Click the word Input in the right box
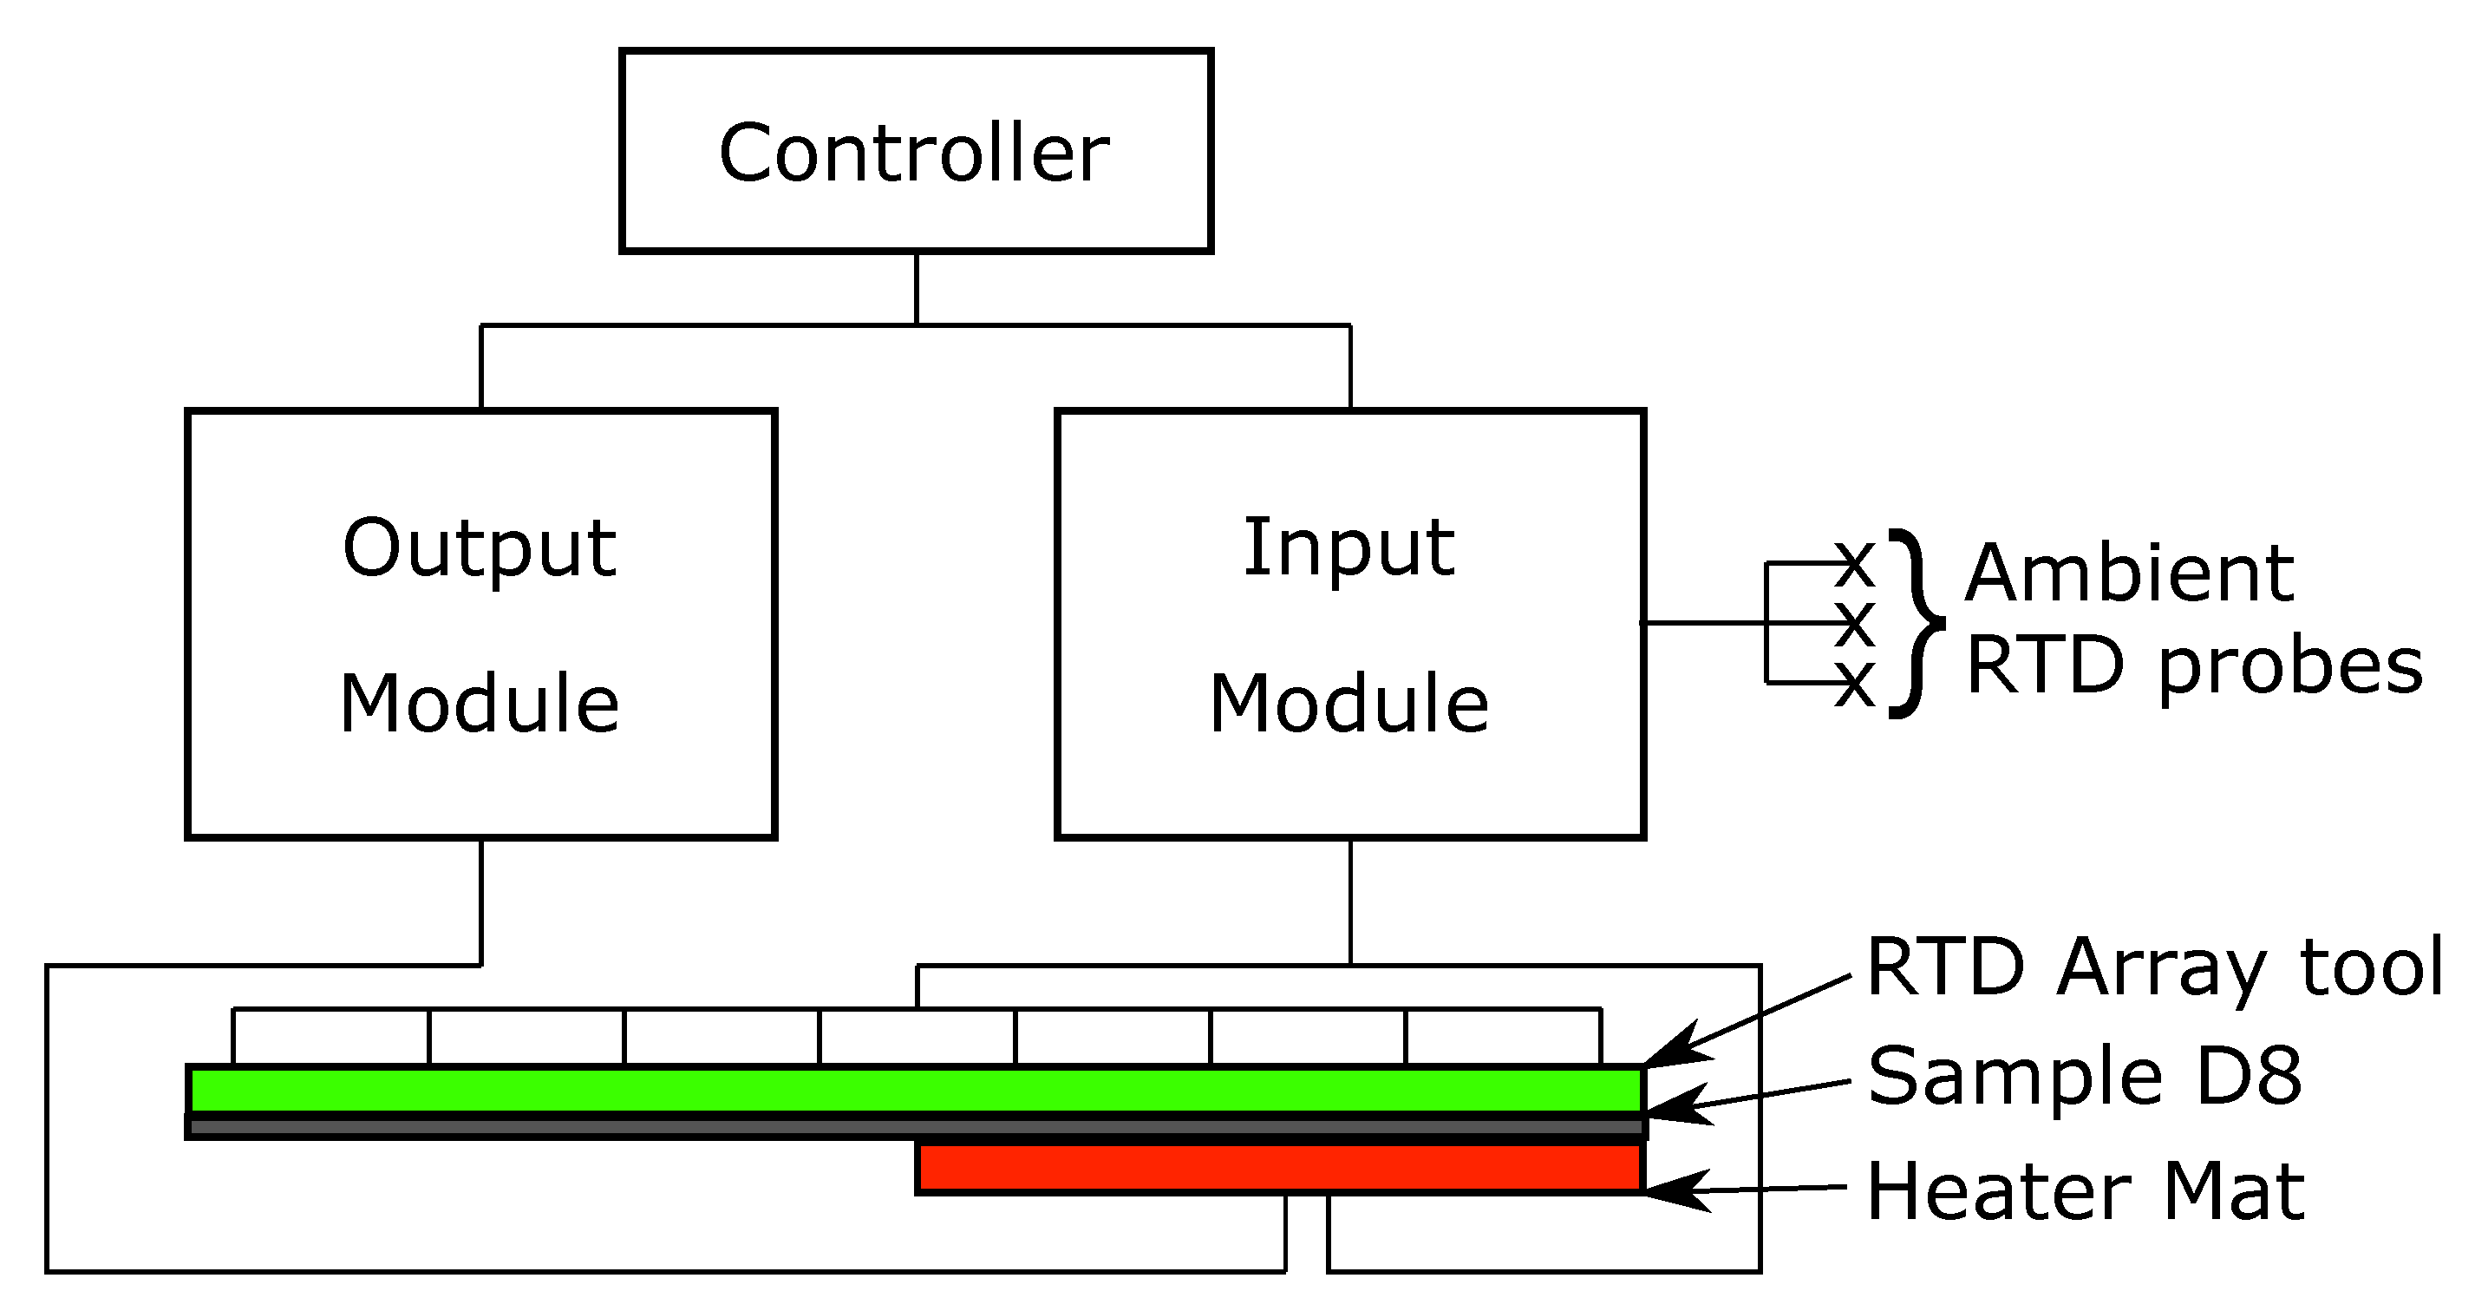coord(1348,547)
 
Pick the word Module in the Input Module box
coord(1348,704)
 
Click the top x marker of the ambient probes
coord(1854,564)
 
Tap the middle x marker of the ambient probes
coord(1854,624)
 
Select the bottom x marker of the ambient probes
coord(1854,684)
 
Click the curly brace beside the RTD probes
coord(1917,624)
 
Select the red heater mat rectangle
coord(1279,1168)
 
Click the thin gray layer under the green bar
coord(916,1126)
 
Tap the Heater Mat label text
coord(2086,1191)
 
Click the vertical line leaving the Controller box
coord(916,288)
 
